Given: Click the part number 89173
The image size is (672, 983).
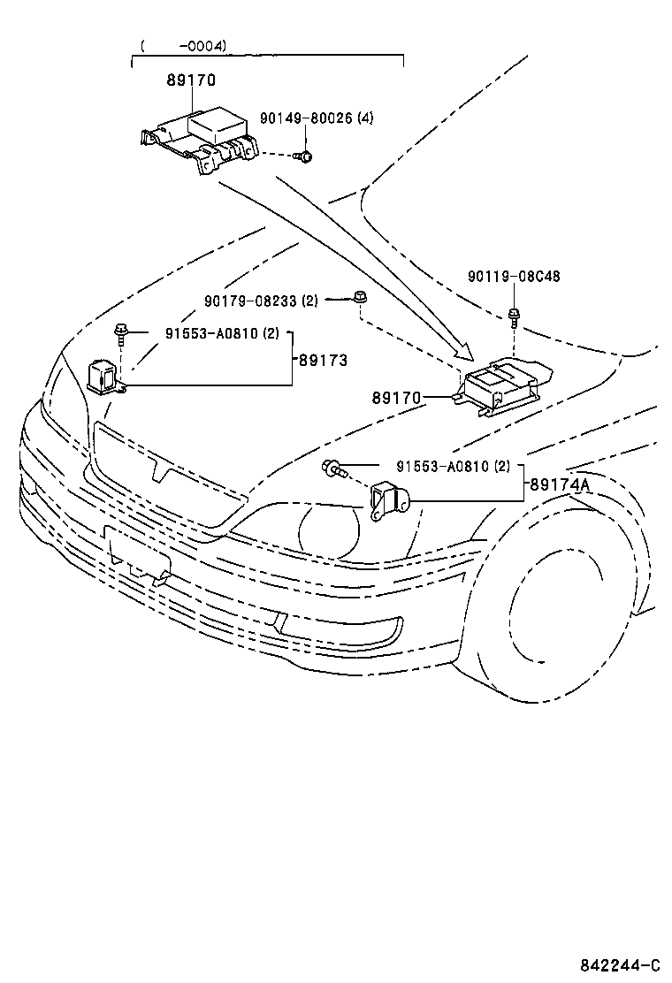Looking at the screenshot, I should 323,361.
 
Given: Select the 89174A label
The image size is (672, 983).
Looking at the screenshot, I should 559,484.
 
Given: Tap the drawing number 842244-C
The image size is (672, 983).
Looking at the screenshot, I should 620,964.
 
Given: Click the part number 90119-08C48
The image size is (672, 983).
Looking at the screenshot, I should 514,277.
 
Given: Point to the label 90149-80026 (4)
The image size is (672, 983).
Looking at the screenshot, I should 317,118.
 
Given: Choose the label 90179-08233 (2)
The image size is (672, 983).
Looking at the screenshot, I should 261,301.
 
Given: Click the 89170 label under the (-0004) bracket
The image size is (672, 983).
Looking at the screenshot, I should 190,80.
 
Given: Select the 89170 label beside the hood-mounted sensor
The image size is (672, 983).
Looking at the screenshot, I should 395,398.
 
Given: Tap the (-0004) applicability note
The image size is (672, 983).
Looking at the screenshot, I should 183,45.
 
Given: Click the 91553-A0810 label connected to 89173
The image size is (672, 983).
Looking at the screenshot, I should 210,333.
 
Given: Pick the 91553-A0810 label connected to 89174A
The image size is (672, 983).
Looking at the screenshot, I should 453,466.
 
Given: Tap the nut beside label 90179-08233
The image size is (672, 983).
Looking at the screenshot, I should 359,298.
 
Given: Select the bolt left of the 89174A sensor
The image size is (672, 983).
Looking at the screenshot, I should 334,468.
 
